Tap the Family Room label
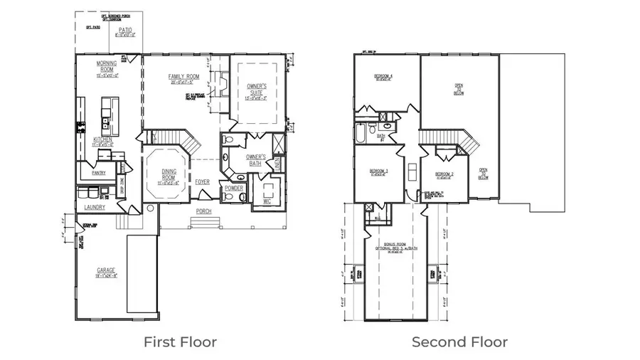(183, 77)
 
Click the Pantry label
(98, 172)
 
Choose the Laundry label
(94, 207)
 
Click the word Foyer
(203, 181)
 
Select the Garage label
(107, 271)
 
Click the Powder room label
(234, 189)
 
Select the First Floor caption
(180, 342)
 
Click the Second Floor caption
(460, 342)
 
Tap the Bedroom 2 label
(444, 174)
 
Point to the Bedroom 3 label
(378, 171)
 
